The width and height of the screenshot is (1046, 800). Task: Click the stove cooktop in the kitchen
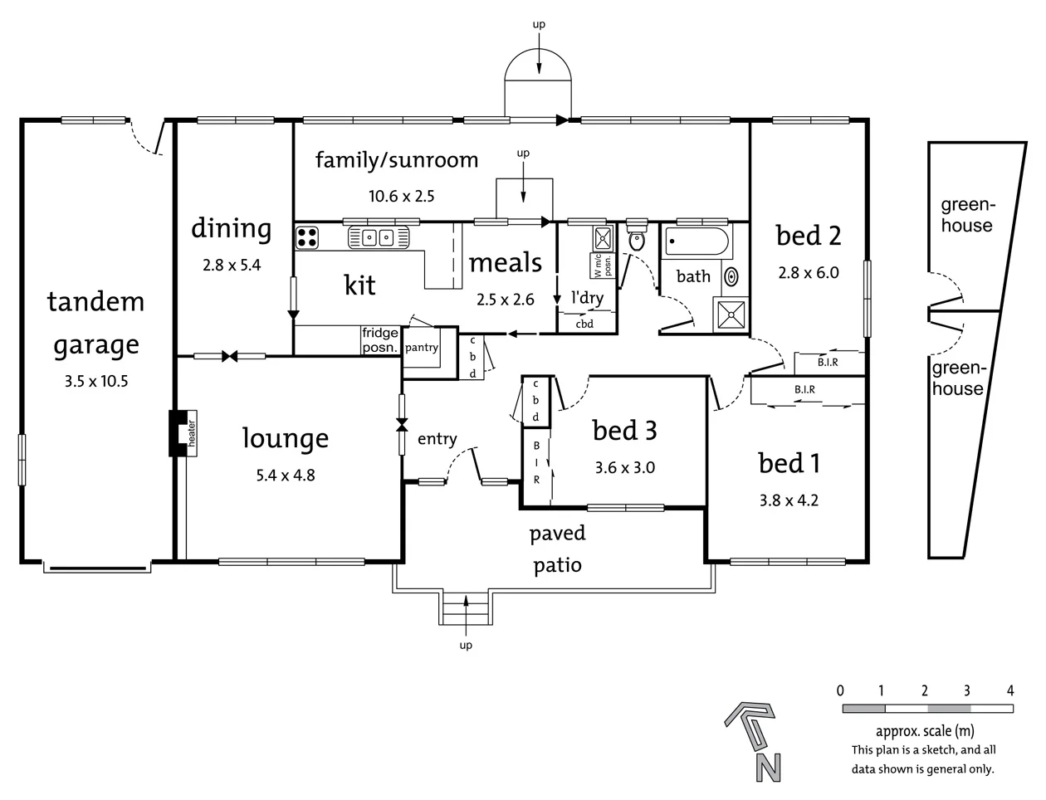click(307, 237)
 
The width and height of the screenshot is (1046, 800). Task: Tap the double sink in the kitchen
click(379, 238)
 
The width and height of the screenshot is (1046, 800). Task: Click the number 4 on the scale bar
click(1009, 690)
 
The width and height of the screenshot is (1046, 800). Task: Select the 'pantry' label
click(422, 348)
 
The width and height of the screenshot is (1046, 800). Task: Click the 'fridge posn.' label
click(380, 340)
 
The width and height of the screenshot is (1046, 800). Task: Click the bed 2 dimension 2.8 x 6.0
click(808, 271)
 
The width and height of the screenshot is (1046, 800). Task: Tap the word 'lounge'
click(285, 438)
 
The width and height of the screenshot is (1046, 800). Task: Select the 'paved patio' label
click(557, 549)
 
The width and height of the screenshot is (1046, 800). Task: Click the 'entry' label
click(437, 439)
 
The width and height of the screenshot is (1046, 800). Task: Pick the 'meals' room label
click(505, 263)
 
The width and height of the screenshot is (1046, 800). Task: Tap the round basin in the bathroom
click(731, 276)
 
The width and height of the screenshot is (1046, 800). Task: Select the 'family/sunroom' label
click(397, 159)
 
